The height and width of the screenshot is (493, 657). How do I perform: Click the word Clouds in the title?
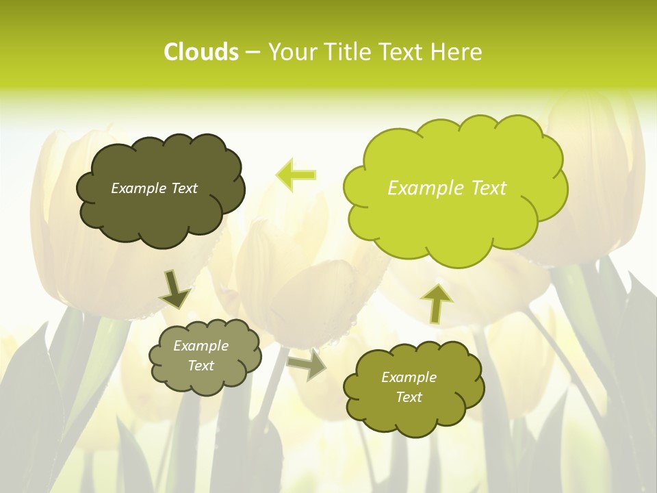[201, 52]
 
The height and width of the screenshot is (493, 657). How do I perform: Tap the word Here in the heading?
[456, 52]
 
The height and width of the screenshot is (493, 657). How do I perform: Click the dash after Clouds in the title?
[253, 53]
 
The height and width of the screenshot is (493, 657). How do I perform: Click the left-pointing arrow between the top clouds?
[296, 175]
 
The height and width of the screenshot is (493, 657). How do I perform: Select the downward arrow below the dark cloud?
[175, 290]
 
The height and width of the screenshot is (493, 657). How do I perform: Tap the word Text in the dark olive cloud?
[183, 188]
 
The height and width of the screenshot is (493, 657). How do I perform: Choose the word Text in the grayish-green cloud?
[201, 366]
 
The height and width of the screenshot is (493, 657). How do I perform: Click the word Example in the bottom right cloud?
[409, 377]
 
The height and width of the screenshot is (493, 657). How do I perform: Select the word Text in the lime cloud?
[489, 188]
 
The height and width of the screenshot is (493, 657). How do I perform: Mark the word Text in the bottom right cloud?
[409, 397]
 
